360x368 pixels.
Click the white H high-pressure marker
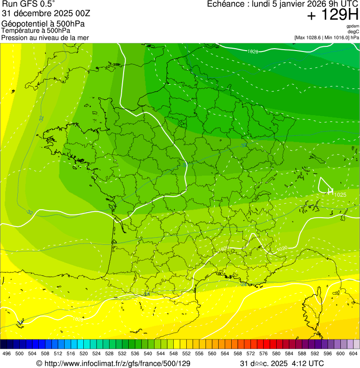331,191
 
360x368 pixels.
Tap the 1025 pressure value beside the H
340,194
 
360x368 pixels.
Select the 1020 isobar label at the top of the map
253,52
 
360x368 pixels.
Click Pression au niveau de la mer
45,37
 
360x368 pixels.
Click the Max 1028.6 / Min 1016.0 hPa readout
326,37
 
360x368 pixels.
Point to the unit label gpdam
353,26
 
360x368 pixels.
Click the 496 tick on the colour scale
7,354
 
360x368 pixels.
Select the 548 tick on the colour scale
173,354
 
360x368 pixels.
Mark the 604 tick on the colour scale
353,354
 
